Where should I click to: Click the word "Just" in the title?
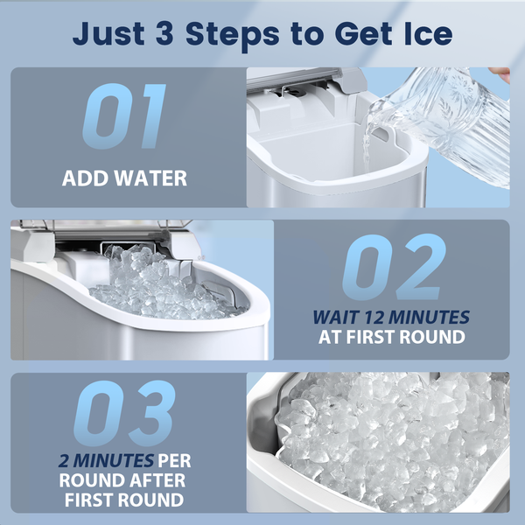pyautogui.click(x=108, y=34)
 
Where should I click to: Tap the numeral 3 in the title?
pyautogui.click(x=164, y=33)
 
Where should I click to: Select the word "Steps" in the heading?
pyautogui.click(x=233, y=36)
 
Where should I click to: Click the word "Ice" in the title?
pyautogui.click(x=428, y=33)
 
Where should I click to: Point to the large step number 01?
pyautogui.click(x=124, y=115)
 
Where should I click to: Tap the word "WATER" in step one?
pyautogui.click(x=150, y=178)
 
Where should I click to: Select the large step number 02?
pyautogui.click(x=394, y=267)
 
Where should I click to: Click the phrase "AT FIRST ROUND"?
pyautogui.click(x=392, y=337)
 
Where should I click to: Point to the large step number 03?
pyautogui.click(x=124, y=413)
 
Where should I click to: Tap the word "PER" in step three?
pyautogui.click(x=174, y=461)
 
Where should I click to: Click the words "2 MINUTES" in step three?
pyautogui.click(x=106, y=461)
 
